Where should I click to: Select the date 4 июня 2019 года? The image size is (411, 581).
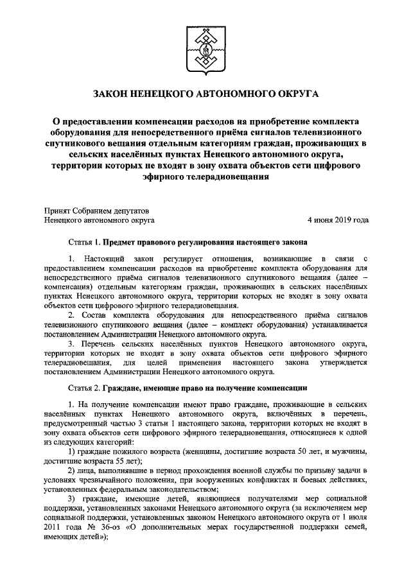[x=338, y=220]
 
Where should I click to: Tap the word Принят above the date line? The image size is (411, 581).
[x=57, y=210]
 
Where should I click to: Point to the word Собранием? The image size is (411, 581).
[x=96, y=210]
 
